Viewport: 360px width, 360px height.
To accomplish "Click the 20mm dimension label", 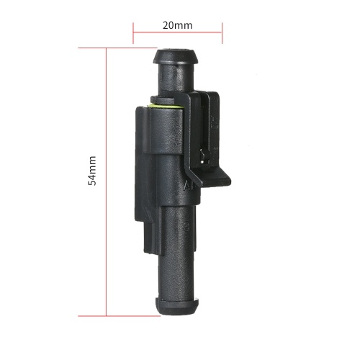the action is (177, 25).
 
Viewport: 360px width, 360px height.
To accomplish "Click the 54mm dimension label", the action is (92, 171).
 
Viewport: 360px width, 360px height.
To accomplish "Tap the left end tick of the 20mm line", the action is (133, 33).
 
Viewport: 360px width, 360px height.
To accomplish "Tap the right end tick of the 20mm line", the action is (222, 33).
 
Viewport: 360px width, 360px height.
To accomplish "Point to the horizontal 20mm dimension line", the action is (178, 32).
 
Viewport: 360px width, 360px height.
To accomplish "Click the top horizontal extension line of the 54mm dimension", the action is (117, 48).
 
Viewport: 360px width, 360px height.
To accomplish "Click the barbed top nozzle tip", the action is (176, 57).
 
